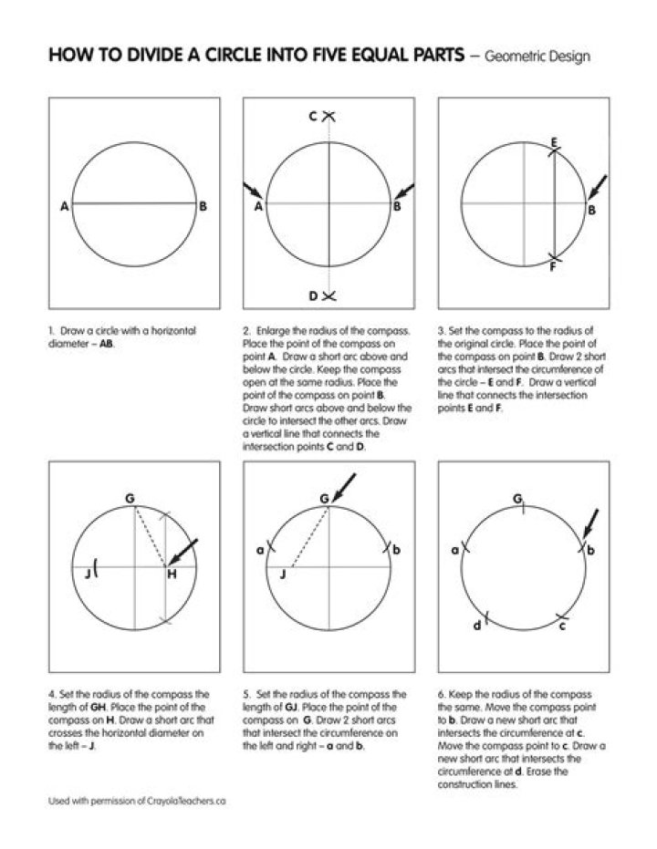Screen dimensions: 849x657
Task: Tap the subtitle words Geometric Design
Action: point(537,57)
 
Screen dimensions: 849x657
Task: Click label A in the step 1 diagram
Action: point(64,207)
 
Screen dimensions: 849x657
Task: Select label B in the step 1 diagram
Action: point(203,207)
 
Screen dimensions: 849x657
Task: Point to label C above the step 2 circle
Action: point(312,117)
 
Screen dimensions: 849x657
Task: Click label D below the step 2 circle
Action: point(312,295)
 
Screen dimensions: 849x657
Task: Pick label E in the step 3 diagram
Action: point(554,142)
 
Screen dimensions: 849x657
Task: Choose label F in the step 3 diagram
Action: point(553,267)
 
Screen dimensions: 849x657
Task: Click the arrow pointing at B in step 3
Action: point(597,188)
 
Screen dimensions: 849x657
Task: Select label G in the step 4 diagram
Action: point(130,498)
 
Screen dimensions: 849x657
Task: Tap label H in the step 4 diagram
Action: point(171,573)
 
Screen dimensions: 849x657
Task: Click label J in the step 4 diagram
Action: point(87,573)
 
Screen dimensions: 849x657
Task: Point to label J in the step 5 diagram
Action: point(283,573)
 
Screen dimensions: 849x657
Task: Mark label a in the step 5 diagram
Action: point(259,550)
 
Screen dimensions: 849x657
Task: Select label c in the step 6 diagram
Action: point(562,626)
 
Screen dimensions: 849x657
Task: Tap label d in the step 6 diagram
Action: point(476,626)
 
